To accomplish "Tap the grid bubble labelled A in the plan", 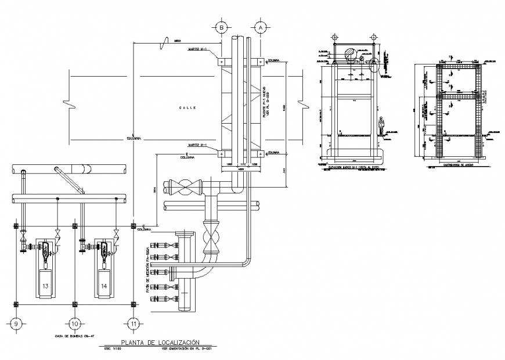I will coord(261,27).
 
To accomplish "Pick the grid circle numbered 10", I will coord(74,323).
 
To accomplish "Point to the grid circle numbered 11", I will coord(134,323).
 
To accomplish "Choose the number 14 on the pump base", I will coord(104,286).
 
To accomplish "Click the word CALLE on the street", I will coord(187,108).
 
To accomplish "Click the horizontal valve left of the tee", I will coord(187,189).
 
